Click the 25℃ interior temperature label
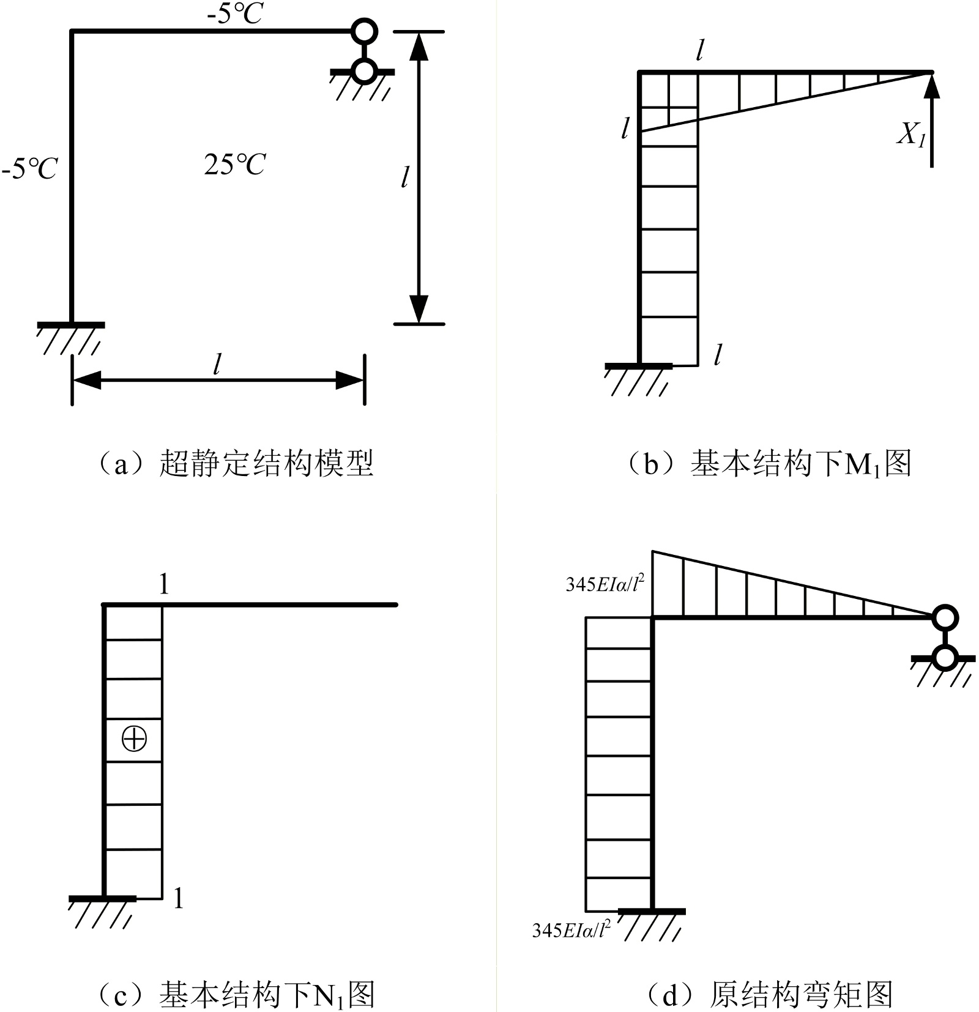coord(235,164)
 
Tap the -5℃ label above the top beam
coord(235,14)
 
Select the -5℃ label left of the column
coord(29,168)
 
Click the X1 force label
coord(910,133)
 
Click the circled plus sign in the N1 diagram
coord(134,739)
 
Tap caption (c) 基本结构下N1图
coord(235,994)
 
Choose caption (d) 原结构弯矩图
coord(769,994)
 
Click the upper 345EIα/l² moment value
coord(605,585)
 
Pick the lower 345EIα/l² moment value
coord(571,930)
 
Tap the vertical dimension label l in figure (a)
coord(404,177)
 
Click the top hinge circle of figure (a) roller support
coord(364,31)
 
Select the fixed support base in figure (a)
coord(71,326)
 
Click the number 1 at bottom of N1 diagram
coord(178,899)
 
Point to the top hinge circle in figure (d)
coord(945,617)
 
